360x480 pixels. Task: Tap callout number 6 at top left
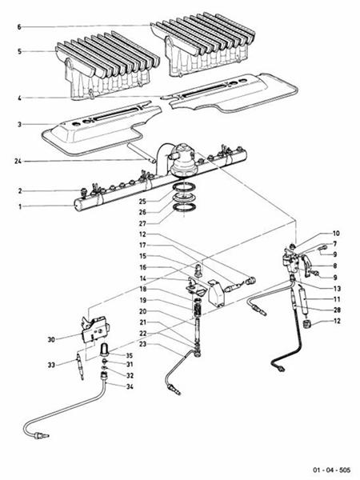click(x=20, y=26)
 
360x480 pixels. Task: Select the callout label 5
click(x=20, y=52)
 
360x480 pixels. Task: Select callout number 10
click(x=336, y=233)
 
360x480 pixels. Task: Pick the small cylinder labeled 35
click(x=104, y=349)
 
